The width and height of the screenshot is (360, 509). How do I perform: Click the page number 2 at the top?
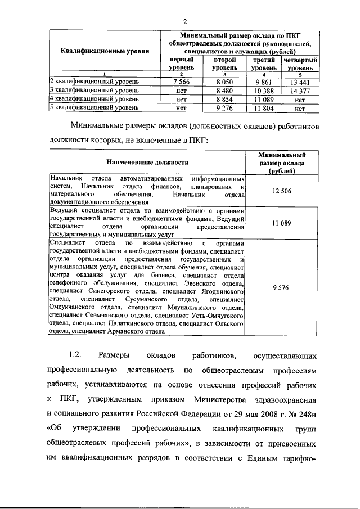point(184,21)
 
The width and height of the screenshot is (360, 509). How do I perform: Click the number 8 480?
point(224,90)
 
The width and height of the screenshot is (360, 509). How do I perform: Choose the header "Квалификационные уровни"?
point(105,51)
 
